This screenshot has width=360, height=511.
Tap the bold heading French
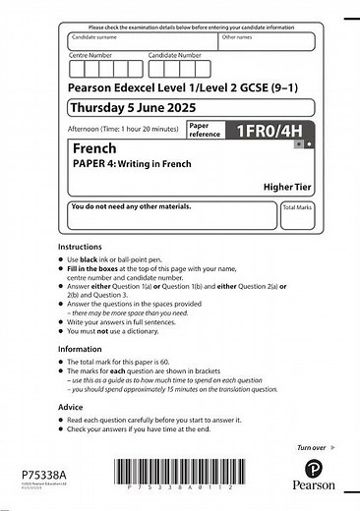[93, 147]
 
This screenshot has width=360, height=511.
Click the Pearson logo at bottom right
[312, 474]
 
